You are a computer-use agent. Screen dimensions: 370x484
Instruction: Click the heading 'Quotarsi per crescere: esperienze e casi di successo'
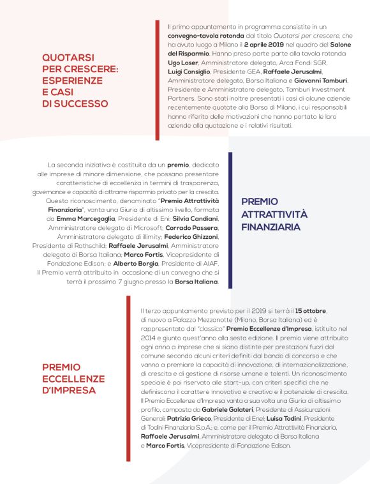[x=80, y=80]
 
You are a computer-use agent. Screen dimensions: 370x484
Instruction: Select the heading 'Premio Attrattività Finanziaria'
[x=274, y=214]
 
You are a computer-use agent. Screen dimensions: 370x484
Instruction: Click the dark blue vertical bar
[x=230, y=215]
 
